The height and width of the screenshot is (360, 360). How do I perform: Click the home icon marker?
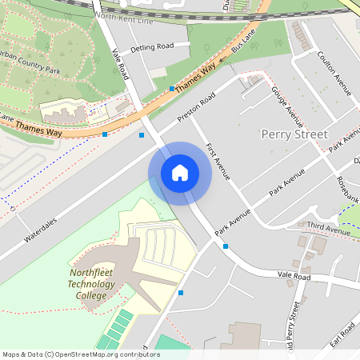[x=180, y=173]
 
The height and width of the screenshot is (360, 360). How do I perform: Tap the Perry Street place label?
[x=294, y=134]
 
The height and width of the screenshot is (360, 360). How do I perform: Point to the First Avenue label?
[x=218, y=161]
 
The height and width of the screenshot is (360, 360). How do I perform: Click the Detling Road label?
[x=153, y=47]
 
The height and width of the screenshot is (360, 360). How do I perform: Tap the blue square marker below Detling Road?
[x=172, y=88]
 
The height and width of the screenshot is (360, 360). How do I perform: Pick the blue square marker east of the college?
[x=181, y=293]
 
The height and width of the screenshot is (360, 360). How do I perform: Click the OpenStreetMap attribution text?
[x=80, y=354]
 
